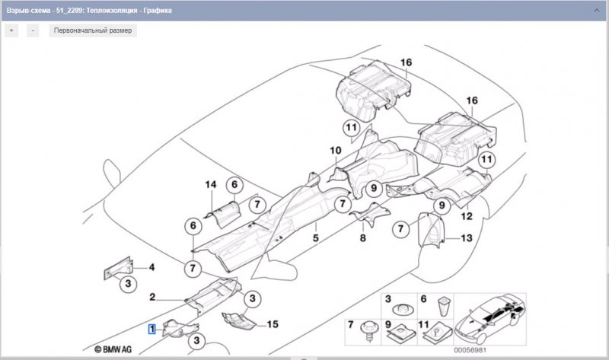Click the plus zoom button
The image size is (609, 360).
tap(11, 30)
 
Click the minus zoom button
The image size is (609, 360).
tap(33, 30)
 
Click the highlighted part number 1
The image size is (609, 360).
tap(152, 329)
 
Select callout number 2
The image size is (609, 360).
tap(152, 297)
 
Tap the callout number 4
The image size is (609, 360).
tap(151, 267)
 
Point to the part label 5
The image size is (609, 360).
tap(313, 238)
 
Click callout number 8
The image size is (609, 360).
tap(363, 238)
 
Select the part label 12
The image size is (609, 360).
tap(467, 216)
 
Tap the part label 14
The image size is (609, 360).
tap(211, 185)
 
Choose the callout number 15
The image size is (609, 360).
tap(272, 324)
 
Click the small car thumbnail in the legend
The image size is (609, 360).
tap(493, 317)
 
